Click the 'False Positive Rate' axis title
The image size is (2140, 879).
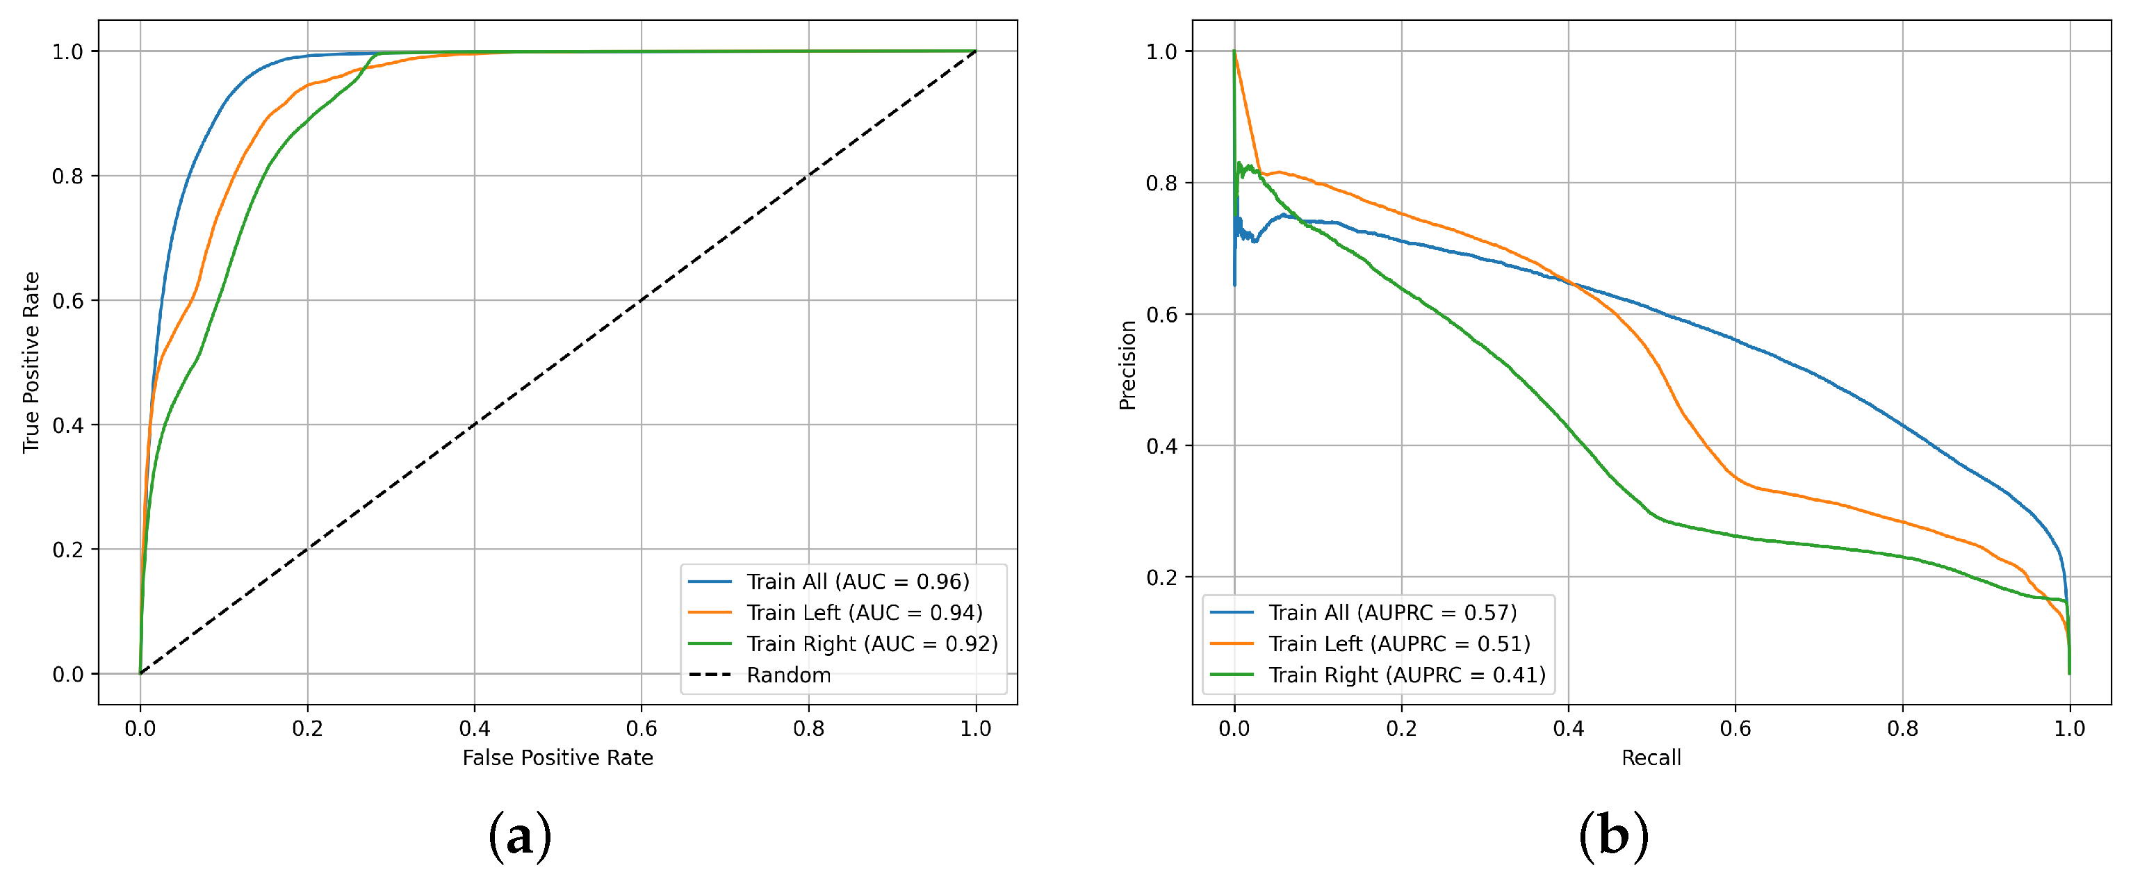coord(557,757)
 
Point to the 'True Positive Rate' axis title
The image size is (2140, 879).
coord(31,362)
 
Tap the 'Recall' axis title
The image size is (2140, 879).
coord(1651,757)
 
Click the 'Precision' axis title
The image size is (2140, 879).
coord(1127,365)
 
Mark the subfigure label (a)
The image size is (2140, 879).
coord(520,836)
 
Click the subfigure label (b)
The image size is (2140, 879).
coord(1613,836)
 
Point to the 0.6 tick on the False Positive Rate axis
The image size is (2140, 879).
coord(642,729)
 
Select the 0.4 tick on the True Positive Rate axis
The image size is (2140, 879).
coord(68,425)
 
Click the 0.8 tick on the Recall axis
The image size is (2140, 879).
coord(1902,729)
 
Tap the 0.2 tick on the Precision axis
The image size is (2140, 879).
coord(1162,577)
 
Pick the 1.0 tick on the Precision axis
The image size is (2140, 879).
coord(1162,51)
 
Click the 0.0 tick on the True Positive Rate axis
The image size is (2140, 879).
coord(68,675)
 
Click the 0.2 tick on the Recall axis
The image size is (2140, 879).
coord(1401,729)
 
